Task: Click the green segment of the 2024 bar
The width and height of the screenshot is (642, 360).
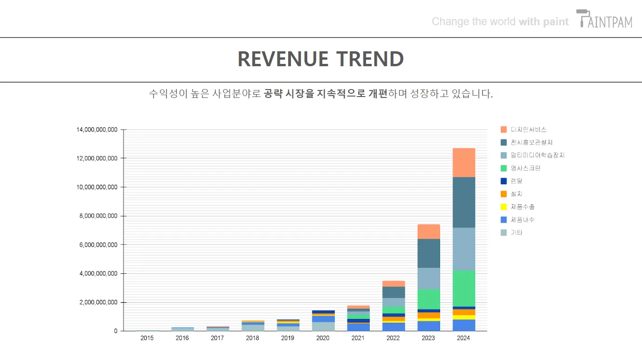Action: [464, 288]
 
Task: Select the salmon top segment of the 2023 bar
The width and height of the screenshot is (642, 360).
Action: [428, 231]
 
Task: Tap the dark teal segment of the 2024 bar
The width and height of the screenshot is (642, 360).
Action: [464, 202]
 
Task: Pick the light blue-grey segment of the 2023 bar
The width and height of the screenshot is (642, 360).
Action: [428, 278]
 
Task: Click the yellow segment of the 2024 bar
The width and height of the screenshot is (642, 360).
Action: [464, 317]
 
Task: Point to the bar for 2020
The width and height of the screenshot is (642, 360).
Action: [323, 321]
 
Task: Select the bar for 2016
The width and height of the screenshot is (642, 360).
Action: [182, 329]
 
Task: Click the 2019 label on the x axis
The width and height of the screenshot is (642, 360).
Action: [288, 338]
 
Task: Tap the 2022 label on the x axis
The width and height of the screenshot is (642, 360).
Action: [393, 338]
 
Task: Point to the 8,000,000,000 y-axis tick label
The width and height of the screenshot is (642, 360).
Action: [97, 216]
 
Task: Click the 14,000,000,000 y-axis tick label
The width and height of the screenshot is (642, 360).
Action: [97, 130]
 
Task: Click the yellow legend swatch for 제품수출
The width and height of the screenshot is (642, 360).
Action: [504, 207]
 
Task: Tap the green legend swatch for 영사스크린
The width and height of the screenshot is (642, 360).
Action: [504, 168]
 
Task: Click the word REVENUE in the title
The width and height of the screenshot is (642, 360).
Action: [283, 59]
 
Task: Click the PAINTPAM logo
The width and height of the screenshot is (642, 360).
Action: [605, 19]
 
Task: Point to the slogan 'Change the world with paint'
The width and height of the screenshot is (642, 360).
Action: [500, 21]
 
